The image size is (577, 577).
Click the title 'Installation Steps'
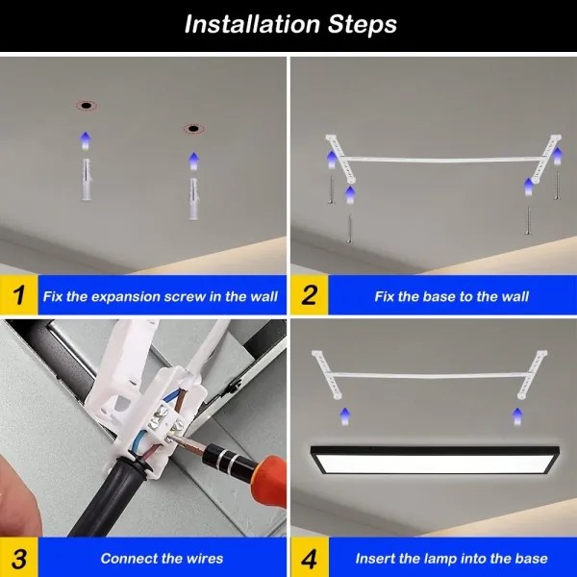coord(289,24)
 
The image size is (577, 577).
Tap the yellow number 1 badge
coord(19,295)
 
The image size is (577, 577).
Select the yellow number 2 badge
coord(309,295)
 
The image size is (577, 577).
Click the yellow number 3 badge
coord(19,557)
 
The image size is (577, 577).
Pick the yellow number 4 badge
coord(309,557)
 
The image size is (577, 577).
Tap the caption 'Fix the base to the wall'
coord(451,296)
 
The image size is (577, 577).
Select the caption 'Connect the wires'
coord(162,558)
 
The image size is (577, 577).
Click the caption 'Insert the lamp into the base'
coord(451,558)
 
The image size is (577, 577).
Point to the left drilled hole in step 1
coord(86,104)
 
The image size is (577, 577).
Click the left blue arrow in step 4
coord(344,415)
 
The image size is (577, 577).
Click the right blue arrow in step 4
coord(516,415)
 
